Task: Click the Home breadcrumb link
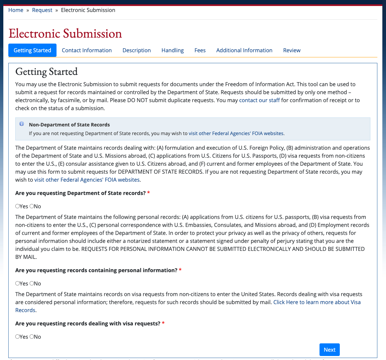(16, 10)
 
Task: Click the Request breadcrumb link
(42, 10)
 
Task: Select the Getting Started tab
(32, 50)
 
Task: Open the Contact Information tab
(87, 50)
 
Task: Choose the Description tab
(137, 50)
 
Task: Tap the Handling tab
(173, 50)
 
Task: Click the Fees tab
(200, 50)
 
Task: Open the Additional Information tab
(244, 50)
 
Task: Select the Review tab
(292, 50)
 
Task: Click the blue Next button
(329, 350)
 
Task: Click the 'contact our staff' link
(259, 100)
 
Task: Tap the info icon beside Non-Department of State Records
(22, 124)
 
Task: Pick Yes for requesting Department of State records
(18, 206)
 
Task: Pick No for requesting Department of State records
(32, 206)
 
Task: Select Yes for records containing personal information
(18, 283)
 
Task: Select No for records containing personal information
(32, 283)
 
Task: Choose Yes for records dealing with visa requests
(18, 337)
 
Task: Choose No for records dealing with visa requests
(32, 337)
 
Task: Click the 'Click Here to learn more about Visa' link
(317, 302)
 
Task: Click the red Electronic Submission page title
(65, 34)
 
